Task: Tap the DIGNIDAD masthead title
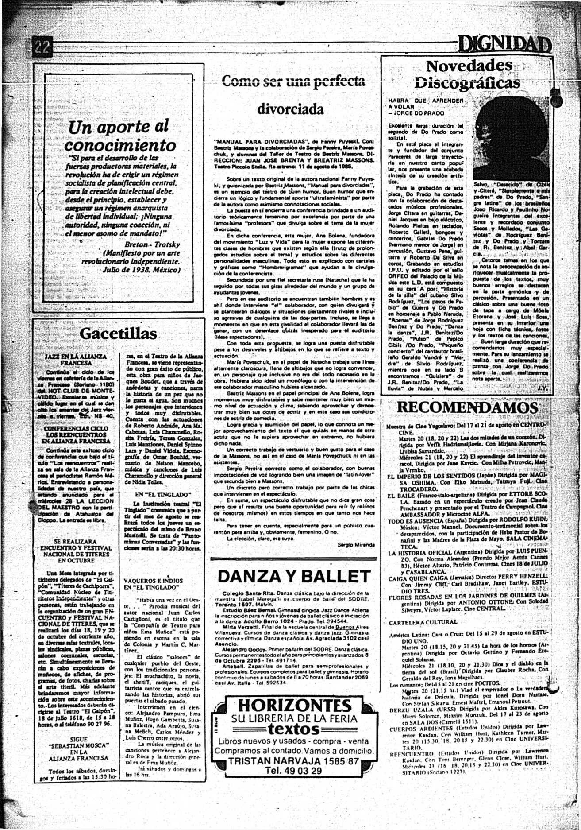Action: [504, 45]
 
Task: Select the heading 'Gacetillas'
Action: [118, 334]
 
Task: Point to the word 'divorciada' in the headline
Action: [290, 109]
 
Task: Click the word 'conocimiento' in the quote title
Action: [120, 145]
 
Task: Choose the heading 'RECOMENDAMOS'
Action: [467, 407]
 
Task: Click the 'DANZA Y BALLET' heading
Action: [294, 576]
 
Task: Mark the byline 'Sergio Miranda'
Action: [356, 544]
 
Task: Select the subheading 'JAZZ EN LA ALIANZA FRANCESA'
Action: [76, 359]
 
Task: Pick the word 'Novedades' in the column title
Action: [469, 66]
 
